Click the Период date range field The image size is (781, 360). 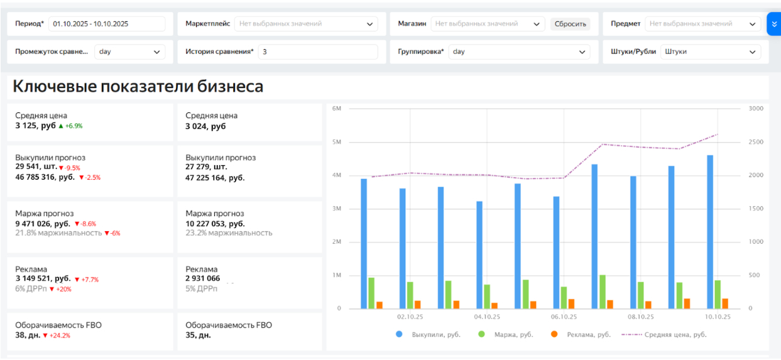coord(106,24)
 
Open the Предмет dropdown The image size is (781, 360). coord(702,24)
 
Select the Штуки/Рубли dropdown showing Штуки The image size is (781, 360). coord(711,52)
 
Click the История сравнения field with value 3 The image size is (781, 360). coord(317,52)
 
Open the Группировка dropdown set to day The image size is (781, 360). coord(519,52)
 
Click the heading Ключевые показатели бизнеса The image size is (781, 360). coord(138,87)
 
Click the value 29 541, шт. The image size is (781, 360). coord(36,167)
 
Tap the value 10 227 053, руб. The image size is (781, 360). coord(215,224)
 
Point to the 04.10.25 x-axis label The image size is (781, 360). coord(486,317)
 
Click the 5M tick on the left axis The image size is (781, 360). coord(336,142)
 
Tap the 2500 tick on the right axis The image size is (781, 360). coord(755,142)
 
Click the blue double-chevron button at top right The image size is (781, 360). coord(773,24)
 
